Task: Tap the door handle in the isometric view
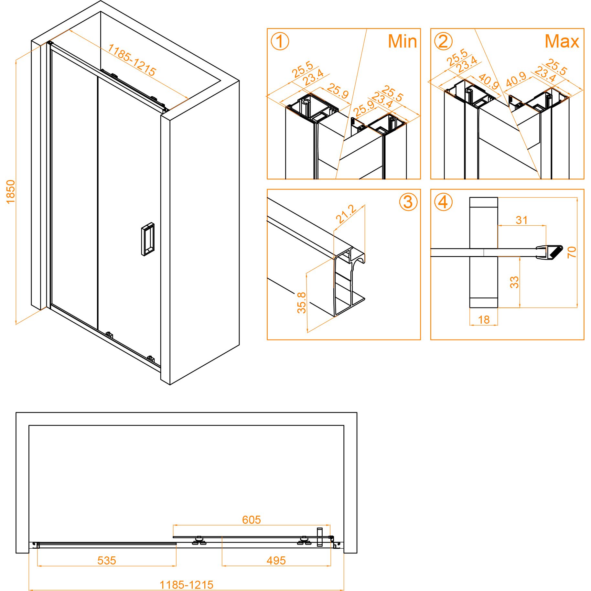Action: point(148,239)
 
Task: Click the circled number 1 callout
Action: point(280,42)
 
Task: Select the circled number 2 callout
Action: point(443,42)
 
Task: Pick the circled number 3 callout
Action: point(408,202)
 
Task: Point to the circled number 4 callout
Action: point(443,202)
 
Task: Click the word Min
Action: point(402,41)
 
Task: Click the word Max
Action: point(562,41)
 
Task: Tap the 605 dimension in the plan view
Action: point(251,520)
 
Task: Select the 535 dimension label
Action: point(107,560)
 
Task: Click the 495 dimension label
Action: point(276,560)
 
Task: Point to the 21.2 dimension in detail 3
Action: point(346,214)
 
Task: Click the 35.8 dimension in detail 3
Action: point(301,303)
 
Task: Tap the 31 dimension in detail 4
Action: point(521,220)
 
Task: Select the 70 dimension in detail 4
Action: point(572,252)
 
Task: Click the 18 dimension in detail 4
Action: point(484,320)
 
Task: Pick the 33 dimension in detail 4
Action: point(514,282)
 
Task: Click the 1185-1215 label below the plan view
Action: point(187,585)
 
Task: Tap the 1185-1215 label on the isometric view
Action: point(132,60)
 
